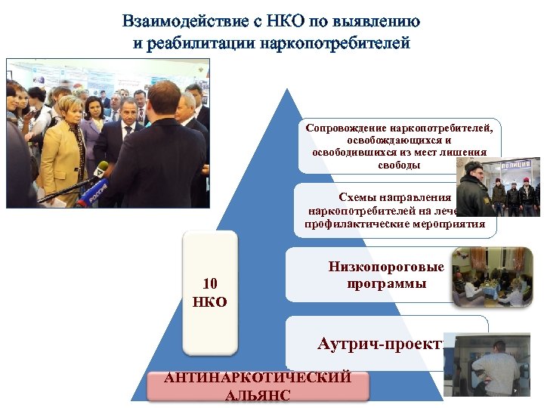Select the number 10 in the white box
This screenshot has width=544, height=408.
click(x=210, y=284)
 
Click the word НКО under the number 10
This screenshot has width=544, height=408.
click(x=210, y=301)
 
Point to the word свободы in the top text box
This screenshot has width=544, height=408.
click(x=397, y=165)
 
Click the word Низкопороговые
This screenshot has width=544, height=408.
click(x=386, y=267)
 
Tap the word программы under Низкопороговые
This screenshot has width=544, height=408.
click(x=386, y=284)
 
